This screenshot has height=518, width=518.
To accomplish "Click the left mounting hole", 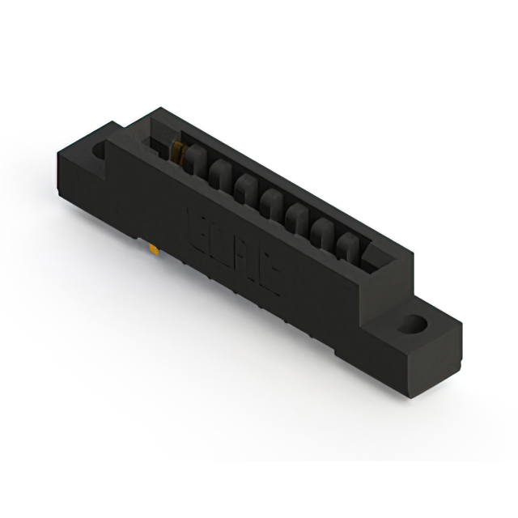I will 100,150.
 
